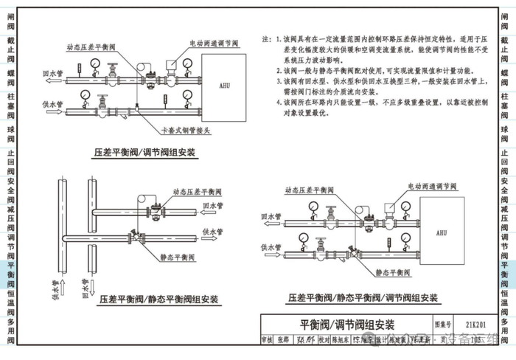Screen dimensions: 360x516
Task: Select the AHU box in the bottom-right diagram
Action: pos(441,232)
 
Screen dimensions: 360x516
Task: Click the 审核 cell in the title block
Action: pos(267,339)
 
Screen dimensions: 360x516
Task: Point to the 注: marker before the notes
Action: pos(267,38)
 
